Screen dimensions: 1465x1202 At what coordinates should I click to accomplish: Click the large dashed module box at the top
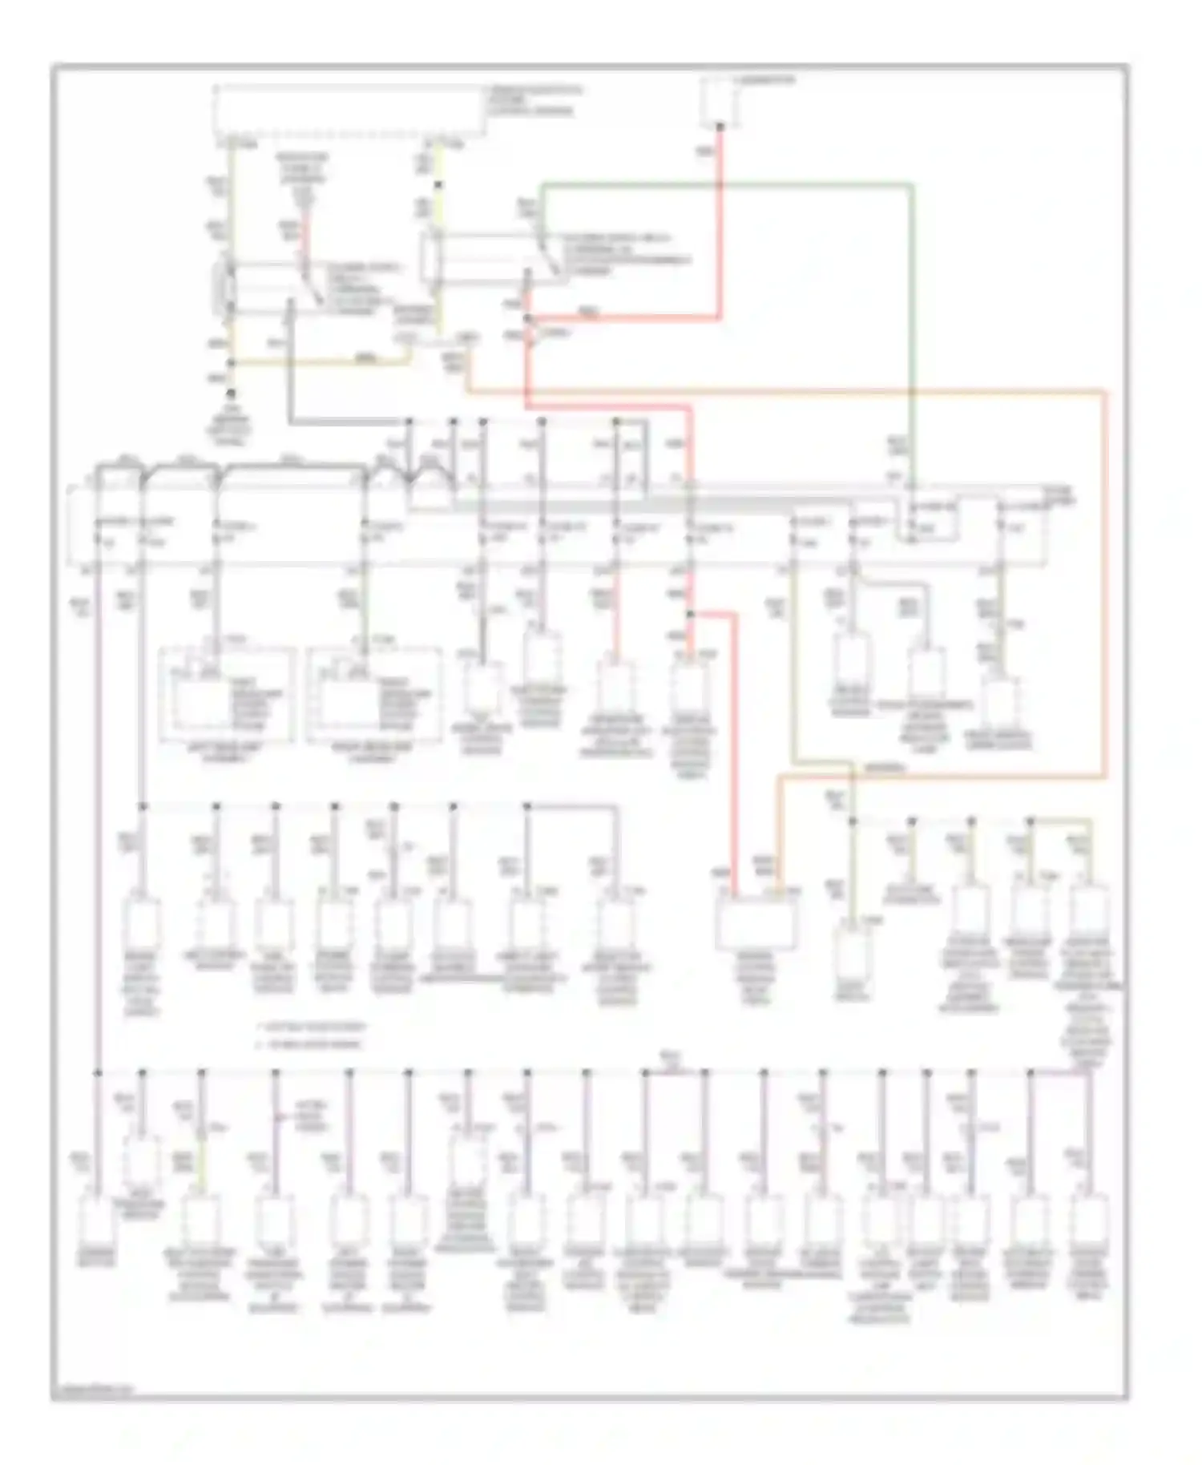(349, 109)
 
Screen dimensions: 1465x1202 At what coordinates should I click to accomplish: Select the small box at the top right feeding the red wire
(720, 101)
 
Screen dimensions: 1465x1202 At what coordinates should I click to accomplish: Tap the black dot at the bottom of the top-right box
(720, 125)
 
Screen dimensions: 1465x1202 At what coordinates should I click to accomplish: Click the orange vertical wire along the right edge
(1105, 585)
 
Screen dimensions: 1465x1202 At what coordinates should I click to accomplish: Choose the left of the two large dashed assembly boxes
(227, 694)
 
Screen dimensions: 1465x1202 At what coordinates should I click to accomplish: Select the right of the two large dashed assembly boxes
(373, 694)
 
